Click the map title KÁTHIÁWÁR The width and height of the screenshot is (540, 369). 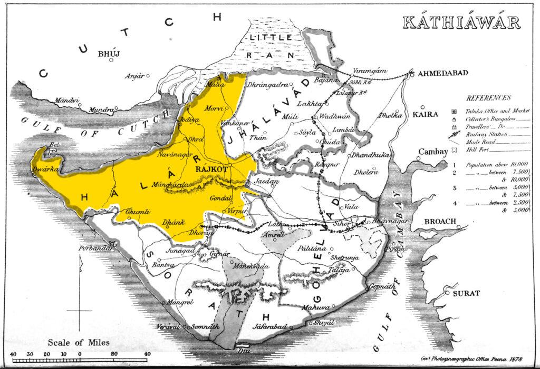461,23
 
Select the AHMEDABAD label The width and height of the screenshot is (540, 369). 442,73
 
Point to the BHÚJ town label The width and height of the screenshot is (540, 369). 109,54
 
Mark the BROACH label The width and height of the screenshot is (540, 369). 440,222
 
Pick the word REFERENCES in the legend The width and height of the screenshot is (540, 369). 489,98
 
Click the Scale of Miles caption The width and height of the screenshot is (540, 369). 79,343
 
